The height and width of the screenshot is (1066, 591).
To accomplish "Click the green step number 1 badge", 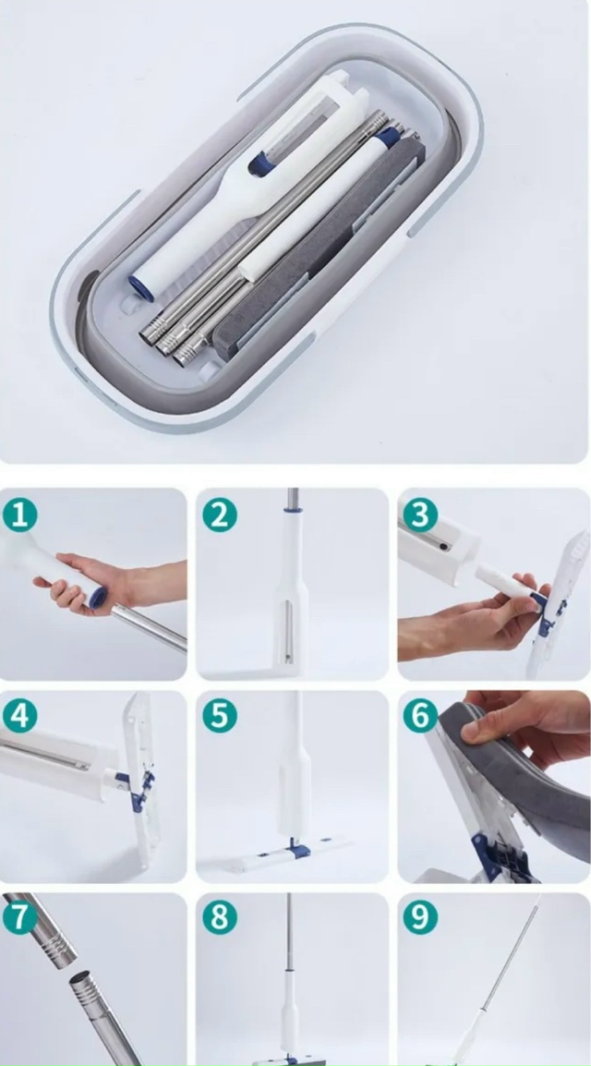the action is pos(20,515).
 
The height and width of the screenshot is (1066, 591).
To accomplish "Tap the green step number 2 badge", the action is pos(220,515).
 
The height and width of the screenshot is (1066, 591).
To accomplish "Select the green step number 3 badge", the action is pos(420,515).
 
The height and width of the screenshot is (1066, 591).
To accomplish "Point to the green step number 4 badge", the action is pos(20,716).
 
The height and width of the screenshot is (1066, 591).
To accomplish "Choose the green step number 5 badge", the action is pos(220,716).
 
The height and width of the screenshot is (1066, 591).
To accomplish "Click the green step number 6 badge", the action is pos(420,716).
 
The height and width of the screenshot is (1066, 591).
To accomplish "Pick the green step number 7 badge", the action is pos(20,917).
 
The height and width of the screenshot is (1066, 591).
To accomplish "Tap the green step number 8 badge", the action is pos(220,917).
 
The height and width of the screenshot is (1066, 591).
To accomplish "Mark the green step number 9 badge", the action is pos(420,917).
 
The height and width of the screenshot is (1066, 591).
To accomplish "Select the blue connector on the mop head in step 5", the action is pos(296,848).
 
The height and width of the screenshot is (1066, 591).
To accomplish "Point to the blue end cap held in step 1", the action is pos(97,598).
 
